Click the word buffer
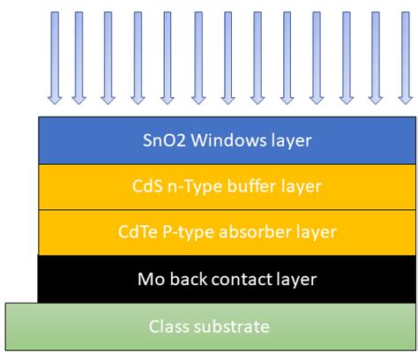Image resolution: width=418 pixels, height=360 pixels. pyautogui.click(x=247, y=186)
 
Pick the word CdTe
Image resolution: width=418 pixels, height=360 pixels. pyautogui.click(x=138, y=233)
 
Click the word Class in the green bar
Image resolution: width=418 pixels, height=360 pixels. pyautogui.click(x=169, y=327)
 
